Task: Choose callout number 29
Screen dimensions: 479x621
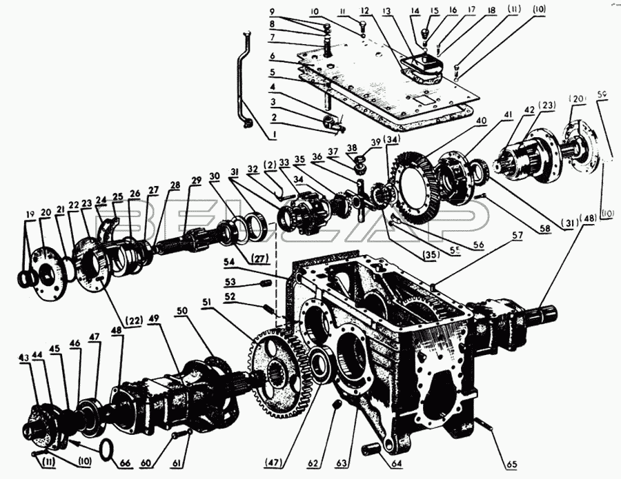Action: pyautogui.click(x=197, y=180)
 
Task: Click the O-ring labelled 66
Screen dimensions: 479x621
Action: pyautogui.click(x=106, y=450)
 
